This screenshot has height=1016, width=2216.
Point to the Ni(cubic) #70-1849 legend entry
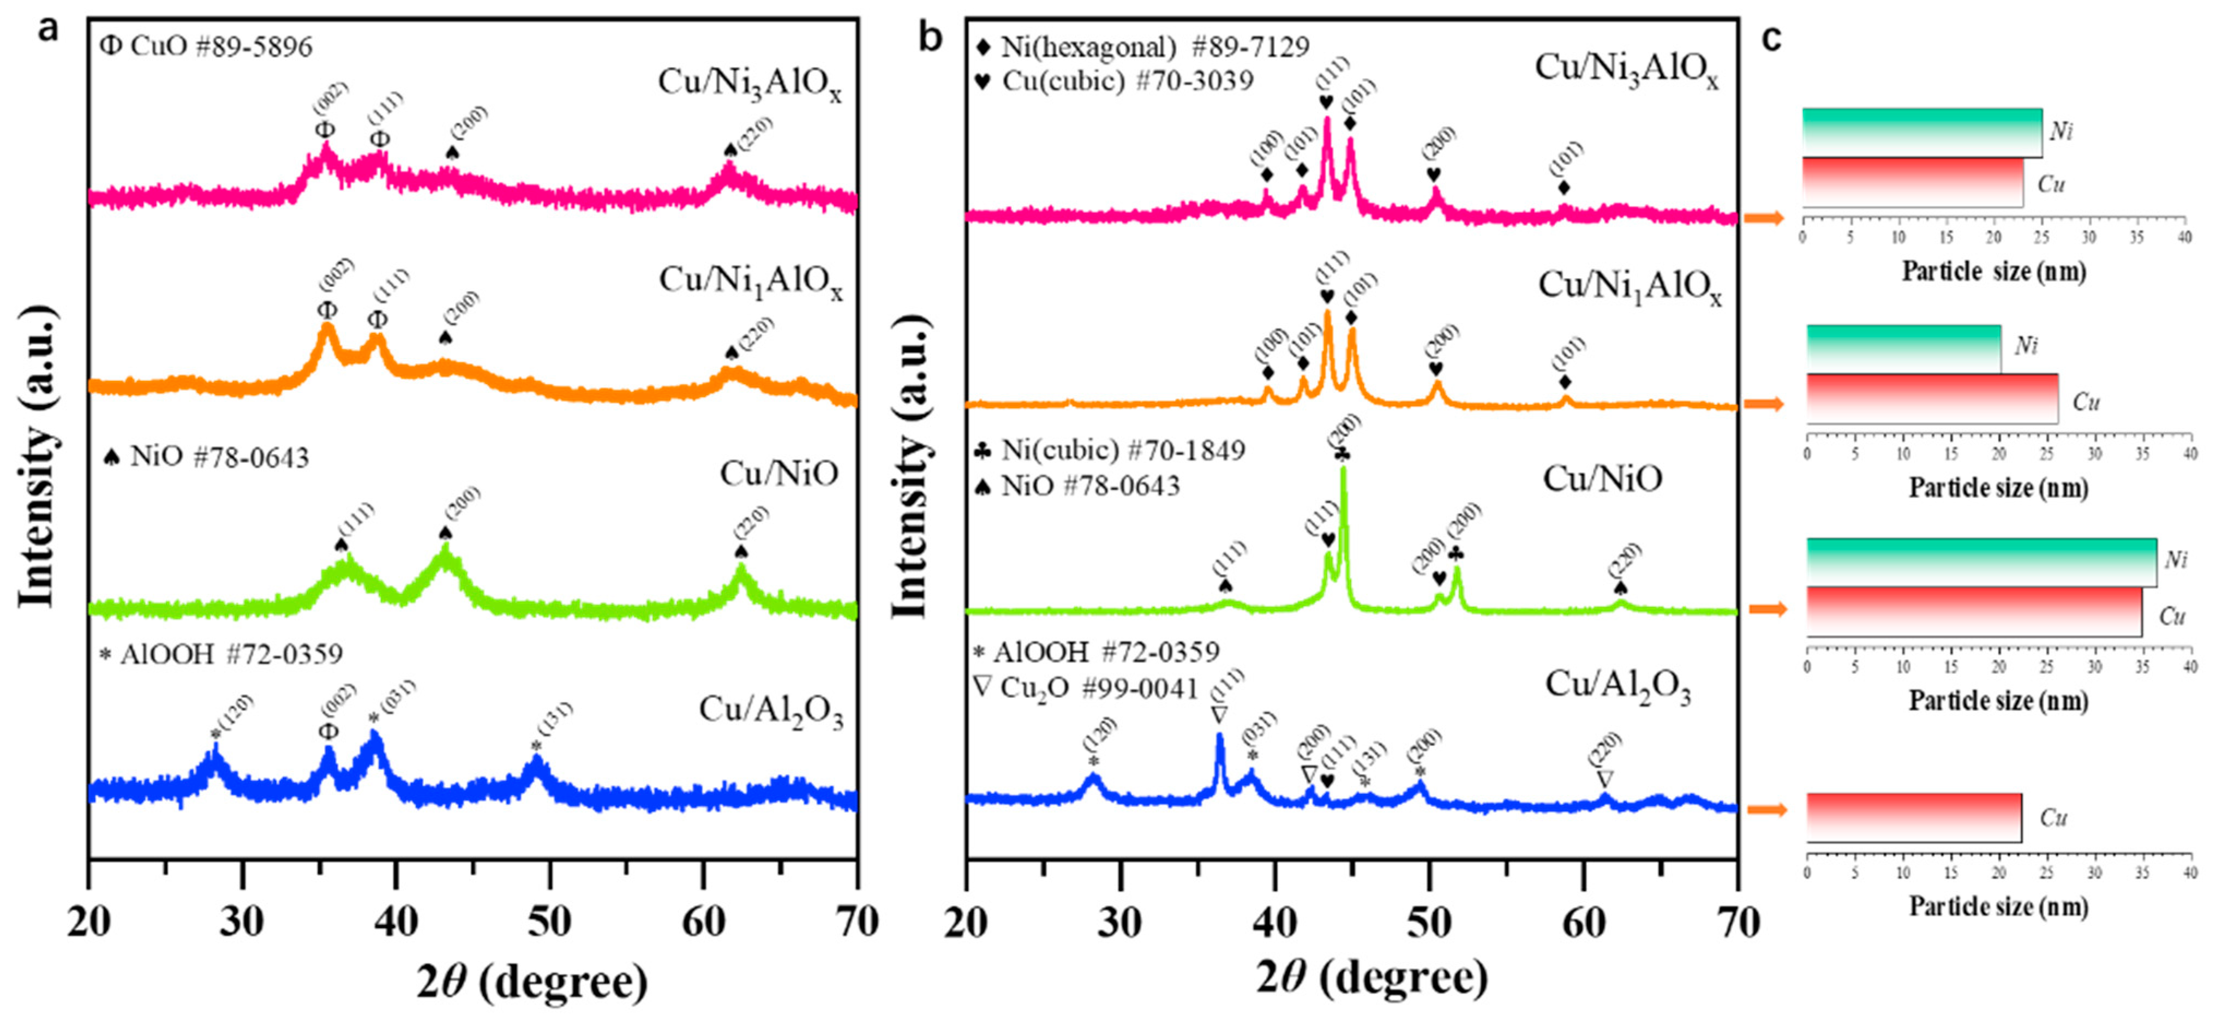(x=1110, y=450)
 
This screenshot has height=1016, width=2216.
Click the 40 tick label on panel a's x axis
(x=396, y=922)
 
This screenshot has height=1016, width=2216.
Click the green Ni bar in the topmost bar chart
(x=1922, y=133)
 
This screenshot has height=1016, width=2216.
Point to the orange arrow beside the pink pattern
(x=1764, y=218)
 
